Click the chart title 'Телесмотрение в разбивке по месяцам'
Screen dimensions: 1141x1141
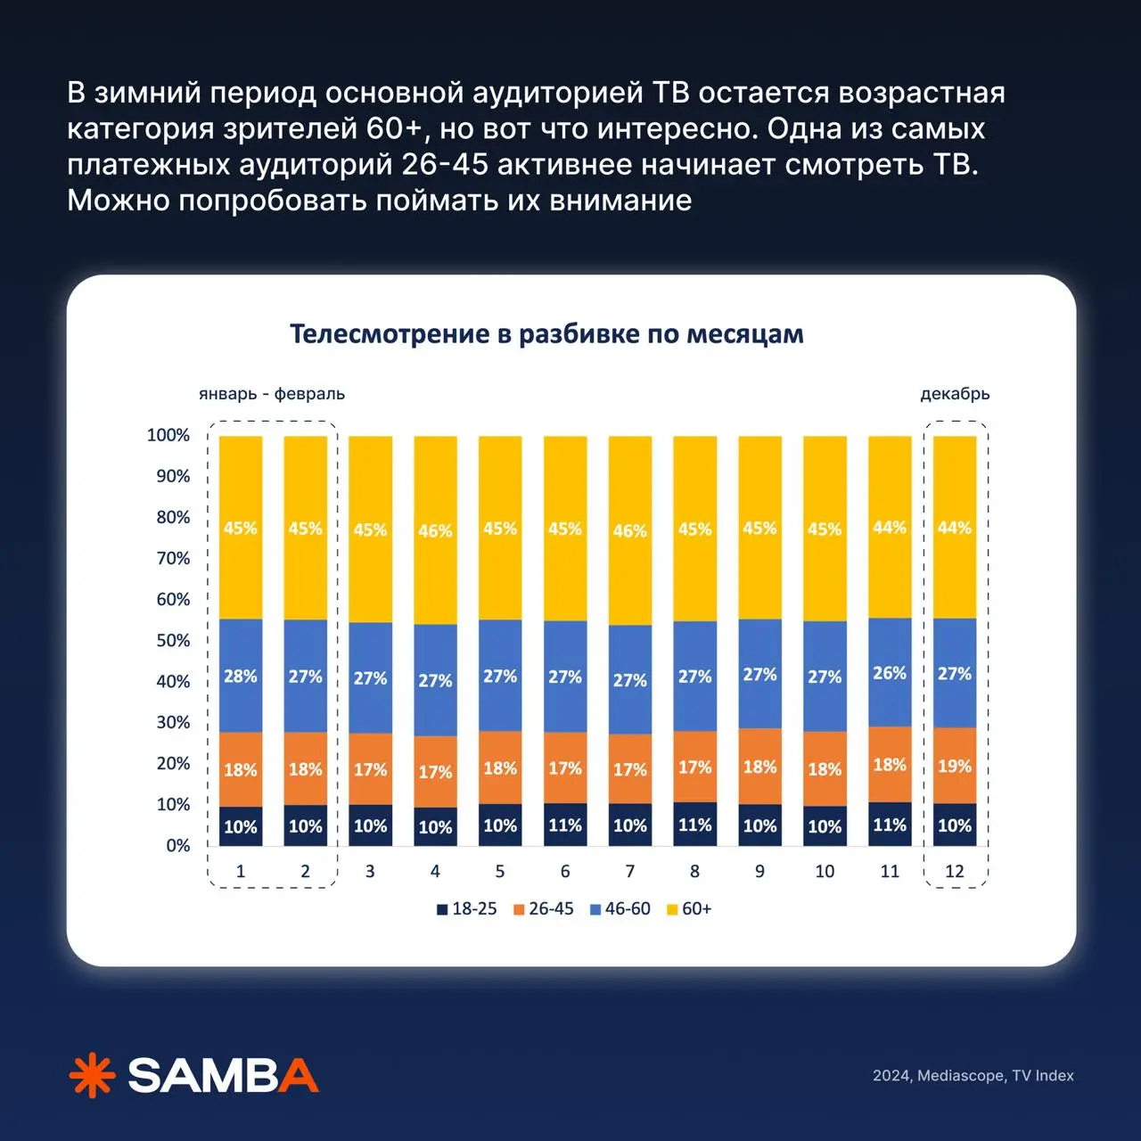[x=546, y=334]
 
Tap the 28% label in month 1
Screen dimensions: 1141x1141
[x=241, y=677]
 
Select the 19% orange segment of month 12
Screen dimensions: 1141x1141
[x=955, y=766]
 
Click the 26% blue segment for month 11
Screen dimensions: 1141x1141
[x=890, y=673]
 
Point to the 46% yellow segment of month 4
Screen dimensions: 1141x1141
[x=435, y=530]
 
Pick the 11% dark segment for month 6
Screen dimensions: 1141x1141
[x=565, y=825]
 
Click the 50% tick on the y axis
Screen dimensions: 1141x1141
[x=173, y=640]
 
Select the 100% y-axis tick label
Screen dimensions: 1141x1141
[x=168, y=435]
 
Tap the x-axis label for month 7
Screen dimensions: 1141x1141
[x=630, y=872]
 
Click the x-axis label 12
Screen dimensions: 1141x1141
[x=955, y=872]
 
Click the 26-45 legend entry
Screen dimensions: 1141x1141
[x=544, y=909]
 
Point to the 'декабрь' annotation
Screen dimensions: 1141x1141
[x=955, y=394]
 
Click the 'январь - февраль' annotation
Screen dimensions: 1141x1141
[x=272, y=394]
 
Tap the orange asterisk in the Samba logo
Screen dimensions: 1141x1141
[x=93, y=1076]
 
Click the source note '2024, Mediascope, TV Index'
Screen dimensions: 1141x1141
[x=973, y=1076]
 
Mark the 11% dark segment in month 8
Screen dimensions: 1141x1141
[x=695, y=825]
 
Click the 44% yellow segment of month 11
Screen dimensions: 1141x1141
[x=890, y=528]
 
